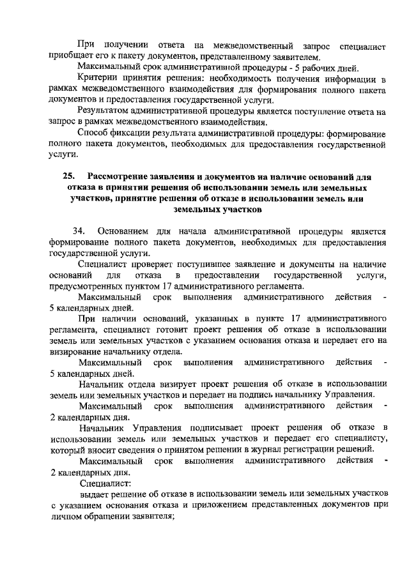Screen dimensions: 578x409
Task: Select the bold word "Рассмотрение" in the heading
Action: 120,177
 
